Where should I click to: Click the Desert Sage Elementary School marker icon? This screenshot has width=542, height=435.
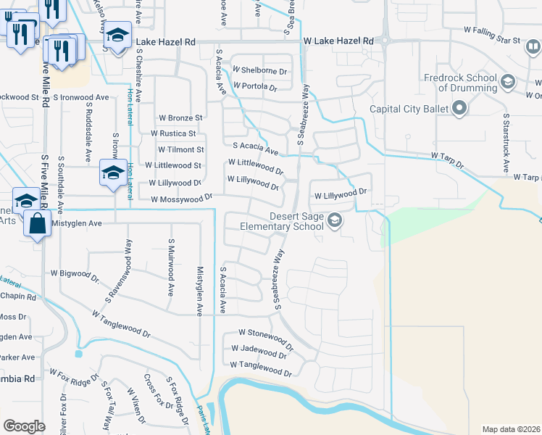coord(334,220)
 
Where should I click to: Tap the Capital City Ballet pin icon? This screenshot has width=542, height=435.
coord(458,109)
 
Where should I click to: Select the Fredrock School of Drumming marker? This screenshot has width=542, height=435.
coord(506,80)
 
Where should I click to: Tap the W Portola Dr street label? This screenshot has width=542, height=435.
coord(255,87)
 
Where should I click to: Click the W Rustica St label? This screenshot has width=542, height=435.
coord(173,133)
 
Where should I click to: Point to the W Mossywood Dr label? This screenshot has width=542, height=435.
coord(181,197)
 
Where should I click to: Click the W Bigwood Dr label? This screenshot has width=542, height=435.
coord(74,274)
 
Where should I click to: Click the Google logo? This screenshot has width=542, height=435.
coord(24,426)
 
